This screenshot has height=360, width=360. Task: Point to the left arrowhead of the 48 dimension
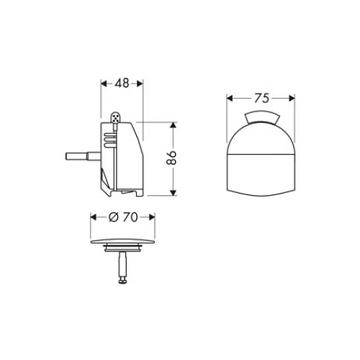coord(102,83)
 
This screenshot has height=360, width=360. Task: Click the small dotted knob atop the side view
coord(117,117)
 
